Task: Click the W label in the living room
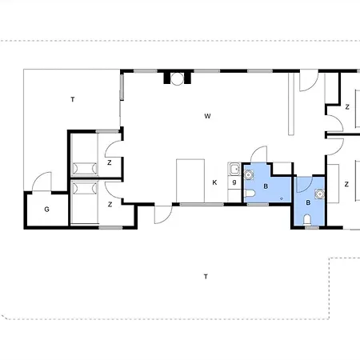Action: point(207,116)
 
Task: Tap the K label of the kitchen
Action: point(214,182)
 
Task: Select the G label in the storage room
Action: point(46,210)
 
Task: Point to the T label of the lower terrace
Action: point(206,277)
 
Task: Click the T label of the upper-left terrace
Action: point(73,99)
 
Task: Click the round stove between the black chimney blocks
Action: point(177,78)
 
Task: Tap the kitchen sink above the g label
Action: point(234,169)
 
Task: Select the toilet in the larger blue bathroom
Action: point(250,193)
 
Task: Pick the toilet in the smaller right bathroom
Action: point(307,219)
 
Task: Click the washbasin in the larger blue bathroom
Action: point(249,175)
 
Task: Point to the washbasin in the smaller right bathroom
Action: point(319,194)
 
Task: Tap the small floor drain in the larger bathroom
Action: point(282,198)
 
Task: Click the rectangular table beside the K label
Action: point(190,181)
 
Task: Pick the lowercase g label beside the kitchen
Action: point(234,182)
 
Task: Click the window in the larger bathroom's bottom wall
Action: point(258,204)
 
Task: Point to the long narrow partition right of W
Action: point(291,104)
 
